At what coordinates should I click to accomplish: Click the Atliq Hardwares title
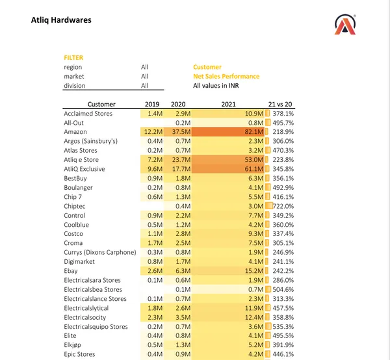pyautogui.click(x=61, y=19)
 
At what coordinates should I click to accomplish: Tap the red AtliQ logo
pyautogui.click(x=344, y=24)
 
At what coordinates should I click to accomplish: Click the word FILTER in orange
pyautogui.click(x=73, y=58)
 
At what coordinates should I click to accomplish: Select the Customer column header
pyautogui.click(x=101, y=104)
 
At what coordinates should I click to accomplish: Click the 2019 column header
pyautogui.click(x=152, y=104)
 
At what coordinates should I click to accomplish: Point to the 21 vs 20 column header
pyautogui.click(x=281, y=104)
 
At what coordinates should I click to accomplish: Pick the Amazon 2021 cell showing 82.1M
pyautogui.click(x=253, y=132)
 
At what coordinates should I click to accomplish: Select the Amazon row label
pyautogui.click(x=75, y=132)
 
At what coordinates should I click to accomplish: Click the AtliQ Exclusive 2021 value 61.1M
pyautogui.click(x=253, y=169)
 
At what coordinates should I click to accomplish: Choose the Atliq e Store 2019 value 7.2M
pyautogui.click(x=154, y=160)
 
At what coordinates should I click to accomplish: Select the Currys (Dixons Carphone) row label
pyautogui.click(x=99, y=252)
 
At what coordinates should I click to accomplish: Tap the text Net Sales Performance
pyautogui.click(x=226, y=77)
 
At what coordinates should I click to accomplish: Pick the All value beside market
pyautogui.click(x=145, y=77)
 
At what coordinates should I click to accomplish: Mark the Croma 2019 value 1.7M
pyautogui.click(x=154, y=243)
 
